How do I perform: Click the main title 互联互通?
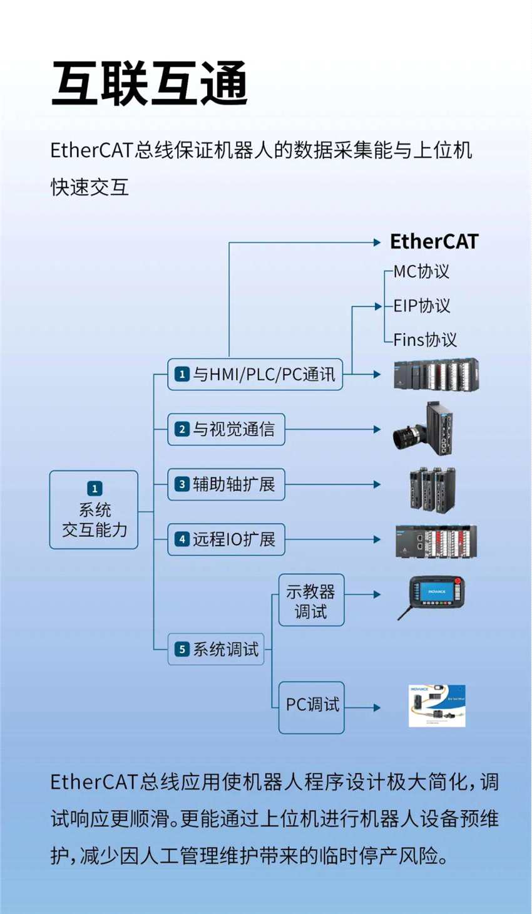[150, 84]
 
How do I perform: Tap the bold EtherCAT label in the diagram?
[434, 242]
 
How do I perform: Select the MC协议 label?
[421, 272]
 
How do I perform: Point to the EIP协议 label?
[422, 306]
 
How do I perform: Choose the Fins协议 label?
[425, 340]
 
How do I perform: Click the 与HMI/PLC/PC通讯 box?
[255, 375]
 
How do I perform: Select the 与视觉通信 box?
[226, 429]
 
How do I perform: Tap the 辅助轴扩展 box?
[226, 484]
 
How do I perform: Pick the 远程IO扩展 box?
[226, 539]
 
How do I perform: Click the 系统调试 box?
[216, 650]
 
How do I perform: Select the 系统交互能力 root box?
[94, 510]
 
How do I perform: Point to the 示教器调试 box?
[311, 600]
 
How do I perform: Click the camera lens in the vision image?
[407, 435]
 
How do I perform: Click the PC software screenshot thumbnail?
[437, 706]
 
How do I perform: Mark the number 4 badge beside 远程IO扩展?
[182, 539]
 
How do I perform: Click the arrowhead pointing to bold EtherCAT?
[377, 242]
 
